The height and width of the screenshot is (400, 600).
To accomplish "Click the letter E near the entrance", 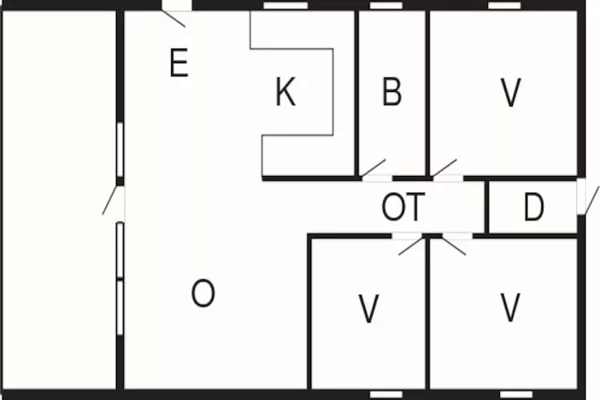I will pos(179,63).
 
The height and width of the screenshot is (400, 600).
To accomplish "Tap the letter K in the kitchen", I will pos(285,93).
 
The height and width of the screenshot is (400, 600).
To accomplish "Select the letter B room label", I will pos(391,93).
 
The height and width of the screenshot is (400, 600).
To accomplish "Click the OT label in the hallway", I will pos(402,208).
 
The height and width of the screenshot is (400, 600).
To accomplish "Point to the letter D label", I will pos(534,208).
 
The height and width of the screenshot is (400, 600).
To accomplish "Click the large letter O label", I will pos(203,294).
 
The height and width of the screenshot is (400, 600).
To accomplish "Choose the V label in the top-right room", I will pos(510,93).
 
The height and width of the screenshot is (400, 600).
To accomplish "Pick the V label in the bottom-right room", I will pos(510,307).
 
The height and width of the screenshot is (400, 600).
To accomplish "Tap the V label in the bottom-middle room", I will pos(368,309).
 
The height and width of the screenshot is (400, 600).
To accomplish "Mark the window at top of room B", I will pos(386,6).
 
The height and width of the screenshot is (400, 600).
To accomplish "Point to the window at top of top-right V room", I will pos(504,6).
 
